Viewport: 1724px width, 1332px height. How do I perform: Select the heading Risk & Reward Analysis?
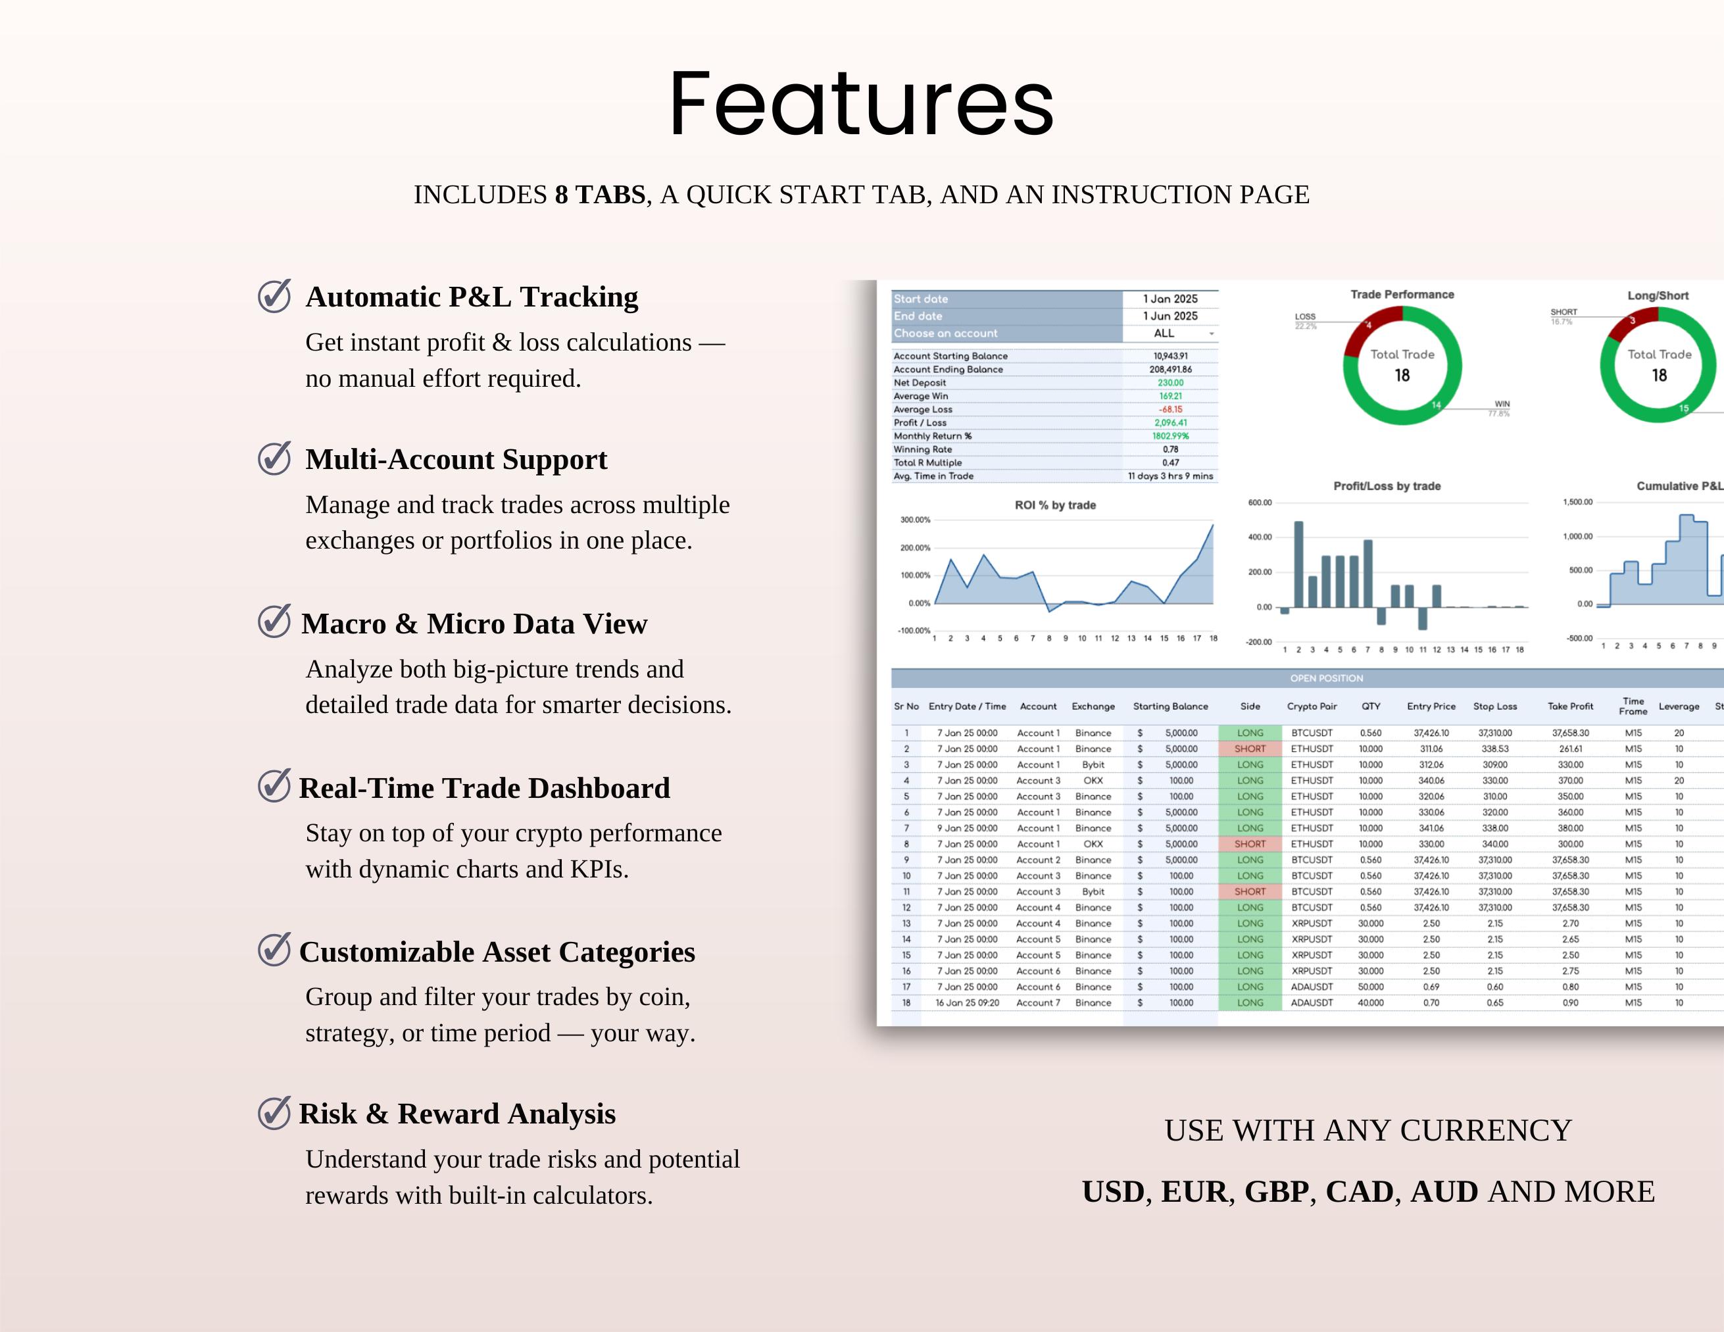click(457, 1114)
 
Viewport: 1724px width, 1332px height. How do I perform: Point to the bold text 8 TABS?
click(600, 194)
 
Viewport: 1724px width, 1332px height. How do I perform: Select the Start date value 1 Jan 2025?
click(1170, 299)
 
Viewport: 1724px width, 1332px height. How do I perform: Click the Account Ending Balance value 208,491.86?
click(1170, 370)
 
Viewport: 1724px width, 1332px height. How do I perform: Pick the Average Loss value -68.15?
click(1170, 410)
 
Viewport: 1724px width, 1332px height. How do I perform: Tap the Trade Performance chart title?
click(1402, 295)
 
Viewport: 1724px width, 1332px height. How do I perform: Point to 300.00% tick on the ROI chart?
click(915, 520)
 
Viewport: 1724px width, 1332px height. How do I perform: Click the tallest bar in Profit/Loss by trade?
click(1298, 564)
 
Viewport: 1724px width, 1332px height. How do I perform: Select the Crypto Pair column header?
click(1312, 706)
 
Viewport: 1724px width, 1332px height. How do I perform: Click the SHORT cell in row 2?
click(1250, 749)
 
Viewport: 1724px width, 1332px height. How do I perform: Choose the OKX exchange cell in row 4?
click(1093, 781)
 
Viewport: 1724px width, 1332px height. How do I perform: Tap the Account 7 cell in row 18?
click(1038, 1002)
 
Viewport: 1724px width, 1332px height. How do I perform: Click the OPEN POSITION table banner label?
click(1326, 678)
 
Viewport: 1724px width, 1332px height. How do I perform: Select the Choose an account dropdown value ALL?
click(1164, 333)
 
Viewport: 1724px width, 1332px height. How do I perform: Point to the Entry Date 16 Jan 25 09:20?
click(967, 1002)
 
